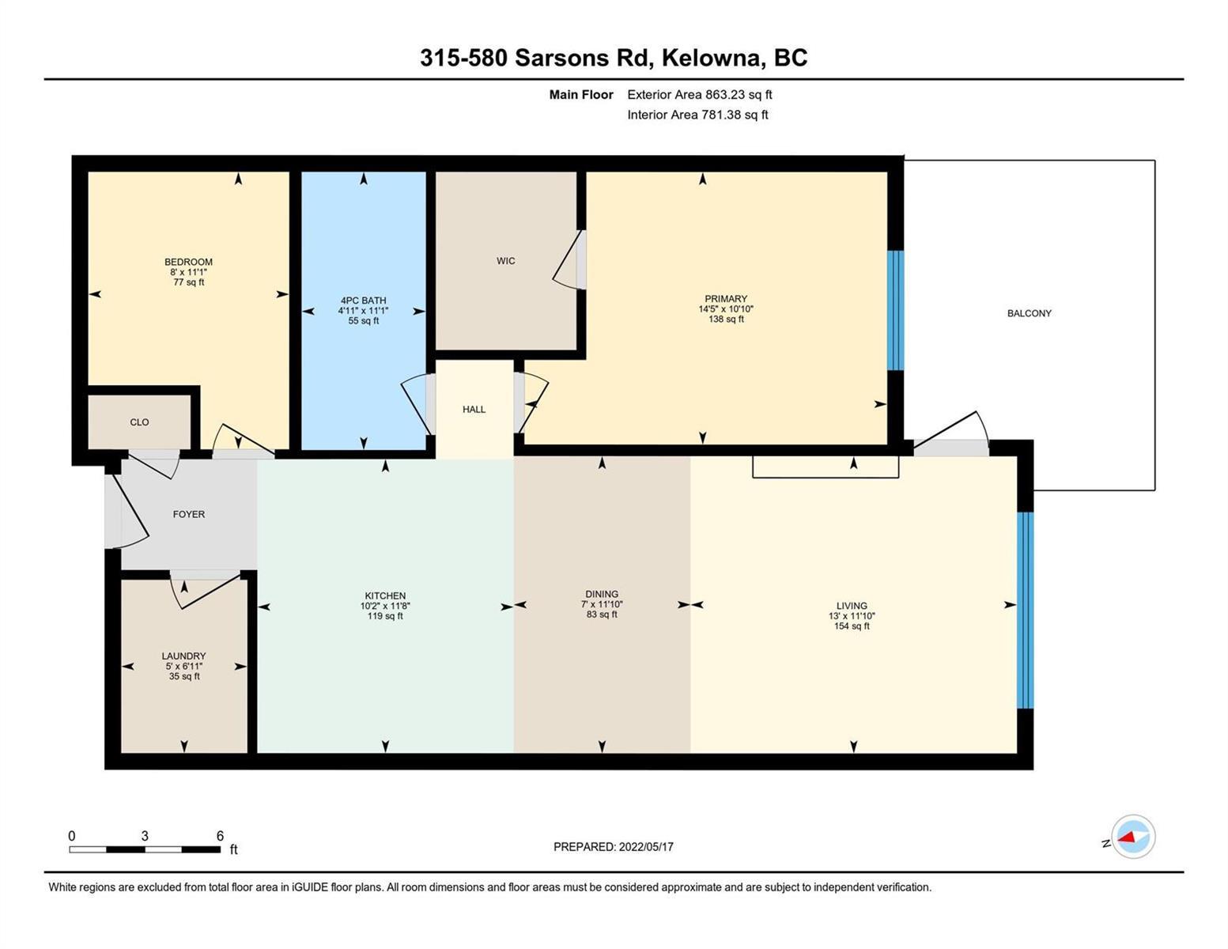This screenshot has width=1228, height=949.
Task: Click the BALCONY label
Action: click(1029, 313)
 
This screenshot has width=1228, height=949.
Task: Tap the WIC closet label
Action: click(505, 260)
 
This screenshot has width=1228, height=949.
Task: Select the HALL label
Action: click(474, 409)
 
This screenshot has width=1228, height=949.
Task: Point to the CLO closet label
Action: click(139, 422)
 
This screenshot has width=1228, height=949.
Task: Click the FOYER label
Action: click(189, 514)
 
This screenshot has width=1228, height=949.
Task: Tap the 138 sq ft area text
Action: click(726, 319)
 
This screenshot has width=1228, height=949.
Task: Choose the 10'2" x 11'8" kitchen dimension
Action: click(385, 606)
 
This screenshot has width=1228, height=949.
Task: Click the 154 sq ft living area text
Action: click(851, 626)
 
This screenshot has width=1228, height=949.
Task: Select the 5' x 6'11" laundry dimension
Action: click(183, 667)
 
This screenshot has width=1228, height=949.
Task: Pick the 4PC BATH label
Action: click(364, 301)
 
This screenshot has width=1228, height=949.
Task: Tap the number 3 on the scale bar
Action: click(145, 836)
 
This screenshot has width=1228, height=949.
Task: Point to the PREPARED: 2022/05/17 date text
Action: click(613, 847)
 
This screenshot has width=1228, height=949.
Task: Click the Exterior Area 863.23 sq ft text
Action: click(700, 95)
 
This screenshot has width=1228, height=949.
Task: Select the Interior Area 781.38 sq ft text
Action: click(697, 115)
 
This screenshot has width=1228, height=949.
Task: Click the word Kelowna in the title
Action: click(711, 58)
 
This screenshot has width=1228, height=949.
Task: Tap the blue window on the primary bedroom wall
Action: click(895, 310)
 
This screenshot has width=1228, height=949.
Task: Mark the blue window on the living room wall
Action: click(1025, 610)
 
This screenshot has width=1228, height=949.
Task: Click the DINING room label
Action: click(601, 594)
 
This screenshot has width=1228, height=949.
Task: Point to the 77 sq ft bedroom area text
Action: click(188, 282)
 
